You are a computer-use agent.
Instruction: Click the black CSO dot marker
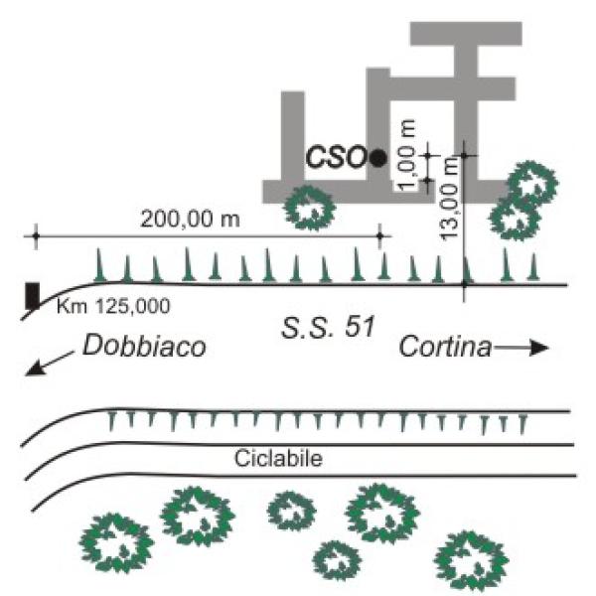[377, 157]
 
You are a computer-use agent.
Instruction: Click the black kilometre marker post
[33, 295]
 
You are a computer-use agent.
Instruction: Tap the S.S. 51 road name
[318, 324]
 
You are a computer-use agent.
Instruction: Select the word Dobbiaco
[144, 347]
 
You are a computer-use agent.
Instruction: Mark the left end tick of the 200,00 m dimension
[36, 236]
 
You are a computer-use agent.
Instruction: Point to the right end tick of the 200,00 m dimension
[380, 236]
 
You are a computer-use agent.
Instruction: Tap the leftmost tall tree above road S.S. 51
[99, 264]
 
